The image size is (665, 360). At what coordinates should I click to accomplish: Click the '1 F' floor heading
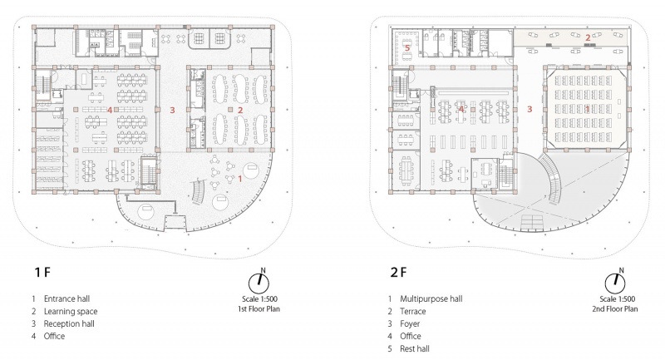(x=42, y=272)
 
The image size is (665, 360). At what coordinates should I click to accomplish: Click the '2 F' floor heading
(x=398, y=272)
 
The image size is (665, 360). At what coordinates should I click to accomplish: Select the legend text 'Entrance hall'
(x=66, y=298)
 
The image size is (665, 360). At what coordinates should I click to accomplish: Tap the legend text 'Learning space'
(x=71, y=311)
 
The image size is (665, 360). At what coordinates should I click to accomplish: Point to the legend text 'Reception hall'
(x=69, y=323)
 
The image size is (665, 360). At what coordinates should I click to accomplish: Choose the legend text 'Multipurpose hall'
(x=431, y=298)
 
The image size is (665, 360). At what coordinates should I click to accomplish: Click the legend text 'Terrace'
(x=412, y=311)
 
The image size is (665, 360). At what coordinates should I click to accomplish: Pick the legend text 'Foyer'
(x=410, y=323)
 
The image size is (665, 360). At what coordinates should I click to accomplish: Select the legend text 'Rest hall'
(x=414, y=348)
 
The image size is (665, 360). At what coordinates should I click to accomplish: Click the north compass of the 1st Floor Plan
(x=259, y=282)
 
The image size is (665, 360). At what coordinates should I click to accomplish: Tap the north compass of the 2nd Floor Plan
(x=615, y=282)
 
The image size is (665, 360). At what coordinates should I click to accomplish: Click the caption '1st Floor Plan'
(x=259, y=308)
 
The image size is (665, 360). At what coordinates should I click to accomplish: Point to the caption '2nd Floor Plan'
(x=615, y=308)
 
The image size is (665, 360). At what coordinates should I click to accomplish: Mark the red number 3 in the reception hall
(x=172, y=111)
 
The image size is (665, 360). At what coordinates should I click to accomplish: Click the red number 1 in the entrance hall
(x=240, y=179)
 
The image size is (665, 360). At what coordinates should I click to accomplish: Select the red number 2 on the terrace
(x=588, y=37)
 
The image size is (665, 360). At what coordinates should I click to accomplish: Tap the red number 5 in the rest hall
(x=407, y=48)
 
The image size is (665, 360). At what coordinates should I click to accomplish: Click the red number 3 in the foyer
(x=530, y=109)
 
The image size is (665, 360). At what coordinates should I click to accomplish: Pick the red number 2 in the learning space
(x=240, y=111)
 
